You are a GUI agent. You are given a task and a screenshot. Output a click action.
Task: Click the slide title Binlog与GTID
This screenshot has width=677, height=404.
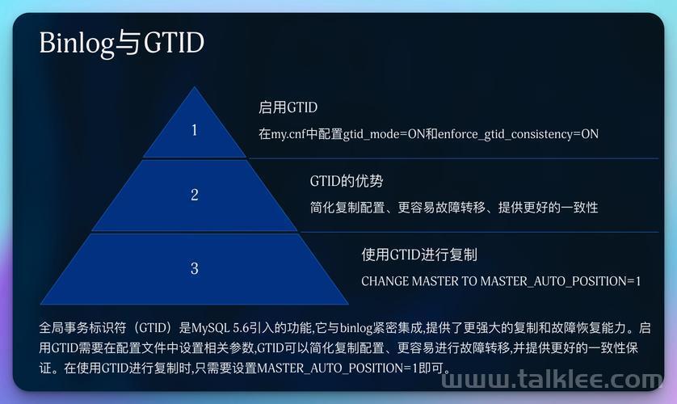pyautogui.click(x=122, y=43)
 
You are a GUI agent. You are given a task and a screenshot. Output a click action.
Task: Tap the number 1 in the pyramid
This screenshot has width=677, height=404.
pyautogui.click(x=194, y=130)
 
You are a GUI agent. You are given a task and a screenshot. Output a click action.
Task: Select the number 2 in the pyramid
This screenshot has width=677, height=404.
pyautogui.click(x=195, y=195)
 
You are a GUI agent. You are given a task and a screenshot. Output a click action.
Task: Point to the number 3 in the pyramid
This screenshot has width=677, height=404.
pyautogui.click(x=195, y=268)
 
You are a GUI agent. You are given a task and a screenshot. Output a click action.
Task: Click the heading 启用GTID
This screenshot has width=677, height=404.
pyautogui.click(x=288, y=107)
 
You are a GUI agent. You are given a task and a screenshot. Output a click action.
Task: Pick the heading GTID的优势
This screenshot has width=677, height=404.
pyautogui.click(x=347, y=181)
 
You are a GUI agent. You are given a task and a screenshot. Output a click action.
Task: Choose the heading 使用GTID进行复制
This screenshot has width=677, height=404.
pyautogui.click(x=419, y=255)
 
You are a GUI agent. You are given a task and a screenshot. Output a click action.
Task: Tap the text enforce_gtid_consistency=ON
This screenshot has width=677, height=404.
pyautogui.click(x=518, y=134)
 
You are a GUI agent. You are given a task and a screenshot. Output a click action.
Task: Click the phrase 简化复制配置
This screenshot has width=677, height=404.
pyautogui.click(x=347, y=208)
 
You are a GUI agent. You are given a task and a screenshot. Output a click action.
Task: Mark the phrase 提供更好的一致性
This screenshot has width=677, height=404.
pyautogui.click(x=548, y=208)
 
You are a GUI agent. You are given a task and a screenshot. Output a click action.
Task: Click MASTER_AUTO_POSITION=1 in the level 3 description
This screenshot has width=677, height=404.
pyautogui.click(x=561, y=281)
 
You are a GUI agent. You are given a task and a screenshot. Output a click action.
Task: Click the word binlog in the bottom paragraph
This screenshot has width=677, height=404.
pyautogui.click(x=356, y=329)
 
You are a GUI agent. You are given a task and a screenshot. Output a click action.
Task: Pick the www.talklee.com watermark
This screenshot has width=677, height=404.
pyautogui.click(x=552, y=380)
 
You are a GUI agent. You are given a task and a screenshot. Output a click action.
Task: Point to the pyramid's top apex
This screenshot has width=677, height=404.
pyautogui.click(x=194, y=86)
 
